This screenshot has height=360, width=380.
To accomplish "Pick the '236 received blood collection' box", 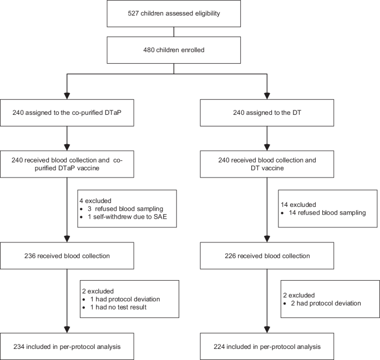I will pyautogui.click(x=67, y=257).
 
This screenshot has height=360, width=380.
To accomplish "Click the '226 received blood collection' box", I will pyautogui.click(x=267, y=257).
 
